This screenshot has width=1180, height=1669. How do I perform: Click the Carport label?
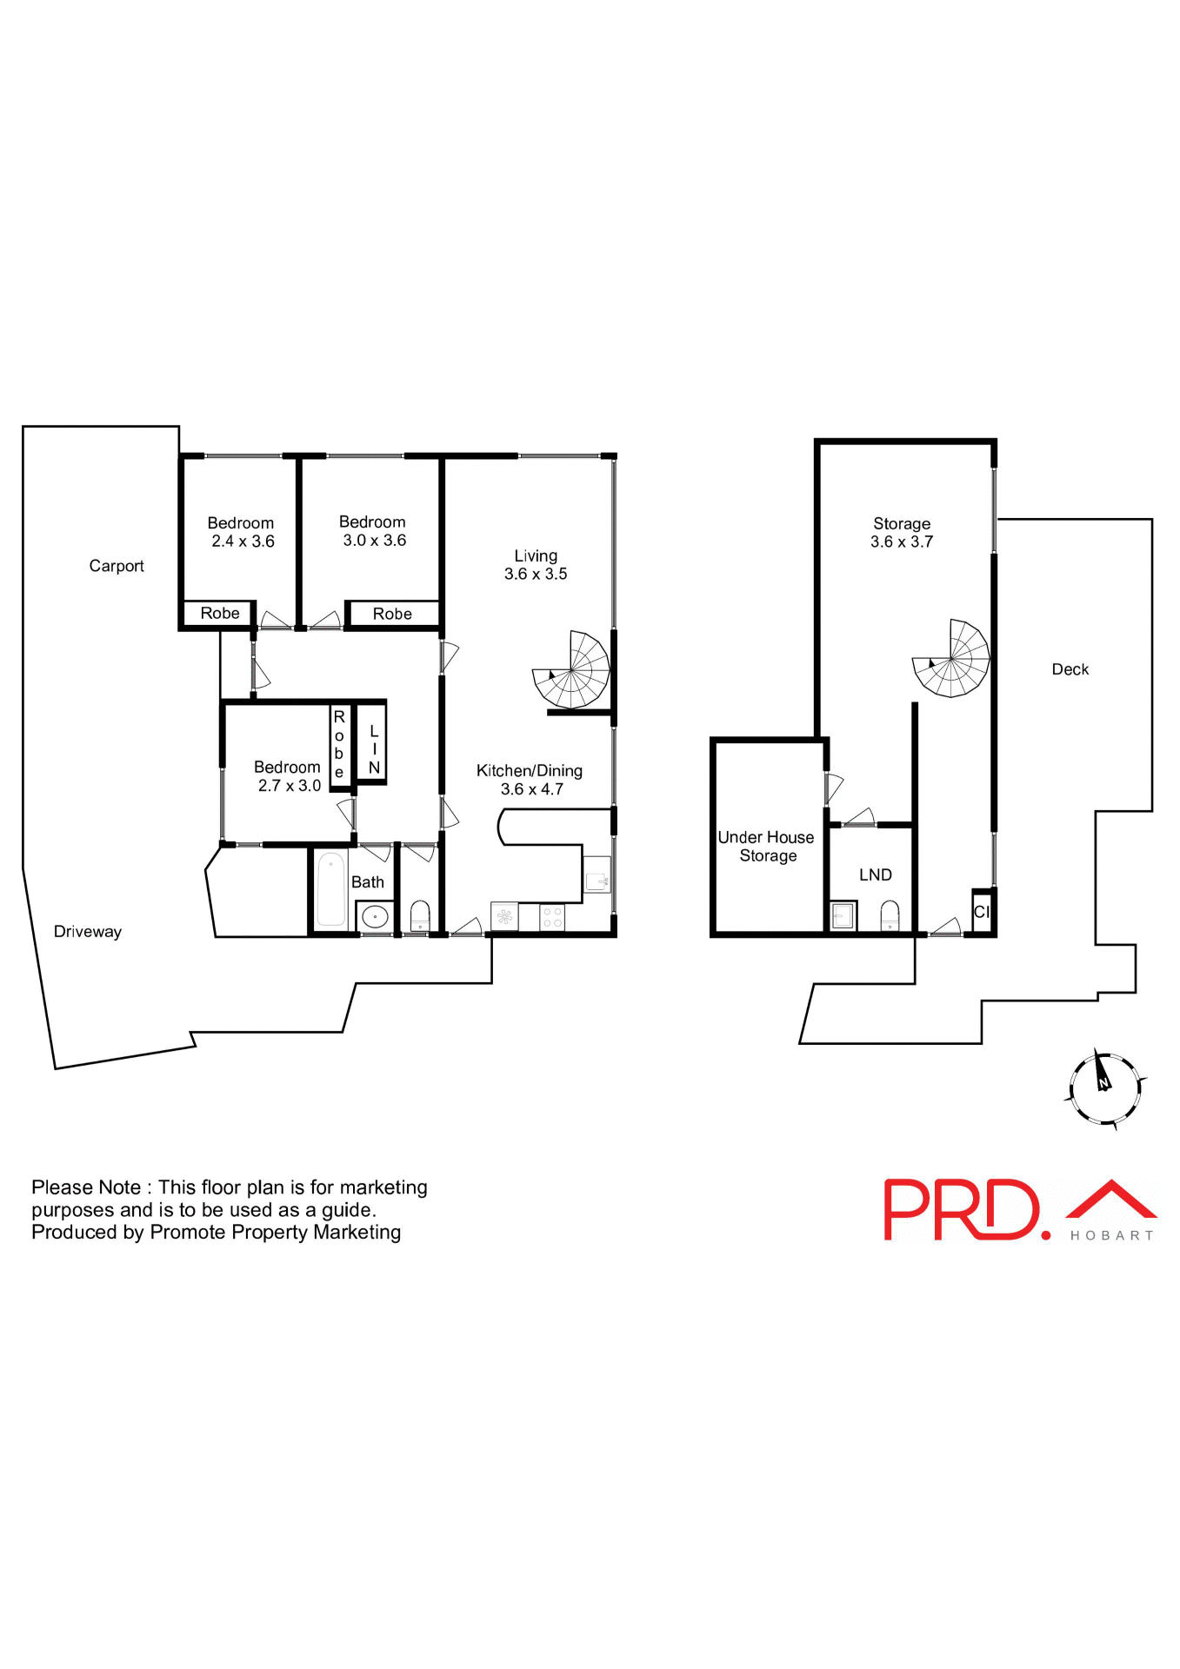click(x=117, y=566)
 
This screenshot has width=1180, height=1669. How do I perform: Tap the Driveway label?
click(x=88, y=932)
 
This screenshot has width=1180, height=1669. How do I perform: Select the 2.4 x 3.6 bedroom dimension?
click(x=243, y=542)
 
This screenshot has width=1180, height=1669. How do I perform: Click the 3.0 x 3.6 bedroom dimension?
click(x=374, y=541)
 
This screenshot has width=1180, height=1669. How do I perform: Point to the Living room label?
click(x=536, y=555)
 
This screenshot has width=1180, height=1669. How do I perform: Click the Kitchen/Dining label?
click(x=529, y=771)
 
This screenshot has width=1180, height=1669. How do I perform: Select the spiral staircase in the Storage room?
click(x=951, y=660)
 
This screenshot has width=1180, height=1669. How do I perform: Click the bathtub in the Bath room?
click(x=330, y=889)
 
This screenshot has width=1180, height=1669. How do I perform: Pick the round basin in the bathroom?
click(x=375, y=916)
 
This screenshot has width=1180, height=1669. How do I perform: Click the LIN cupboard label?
click(x=374, y=749)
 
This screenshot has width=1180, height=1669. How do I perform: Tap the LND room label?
click(x=875, y=875)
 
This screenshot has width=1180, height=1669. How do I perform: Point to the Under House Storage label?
click(x=766, y=847)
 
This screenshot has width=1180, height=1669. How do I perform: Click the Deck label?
click(x=1070, y=669)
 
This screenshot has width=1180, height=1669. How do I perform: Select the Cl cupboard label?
click(x=982, y=912)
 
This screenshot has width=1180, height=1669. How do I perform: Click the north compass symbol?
click(x=1103, y=1087)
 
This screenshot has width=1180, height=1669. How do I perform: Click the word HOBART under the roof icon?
click(x=1111, y=1235)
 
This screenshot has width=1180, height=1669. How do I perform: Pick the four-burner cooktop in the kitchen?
click(x=552, y=917)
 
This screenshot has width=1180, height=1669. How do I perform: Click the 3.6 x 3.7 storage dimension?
click(x=901, y=542)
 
